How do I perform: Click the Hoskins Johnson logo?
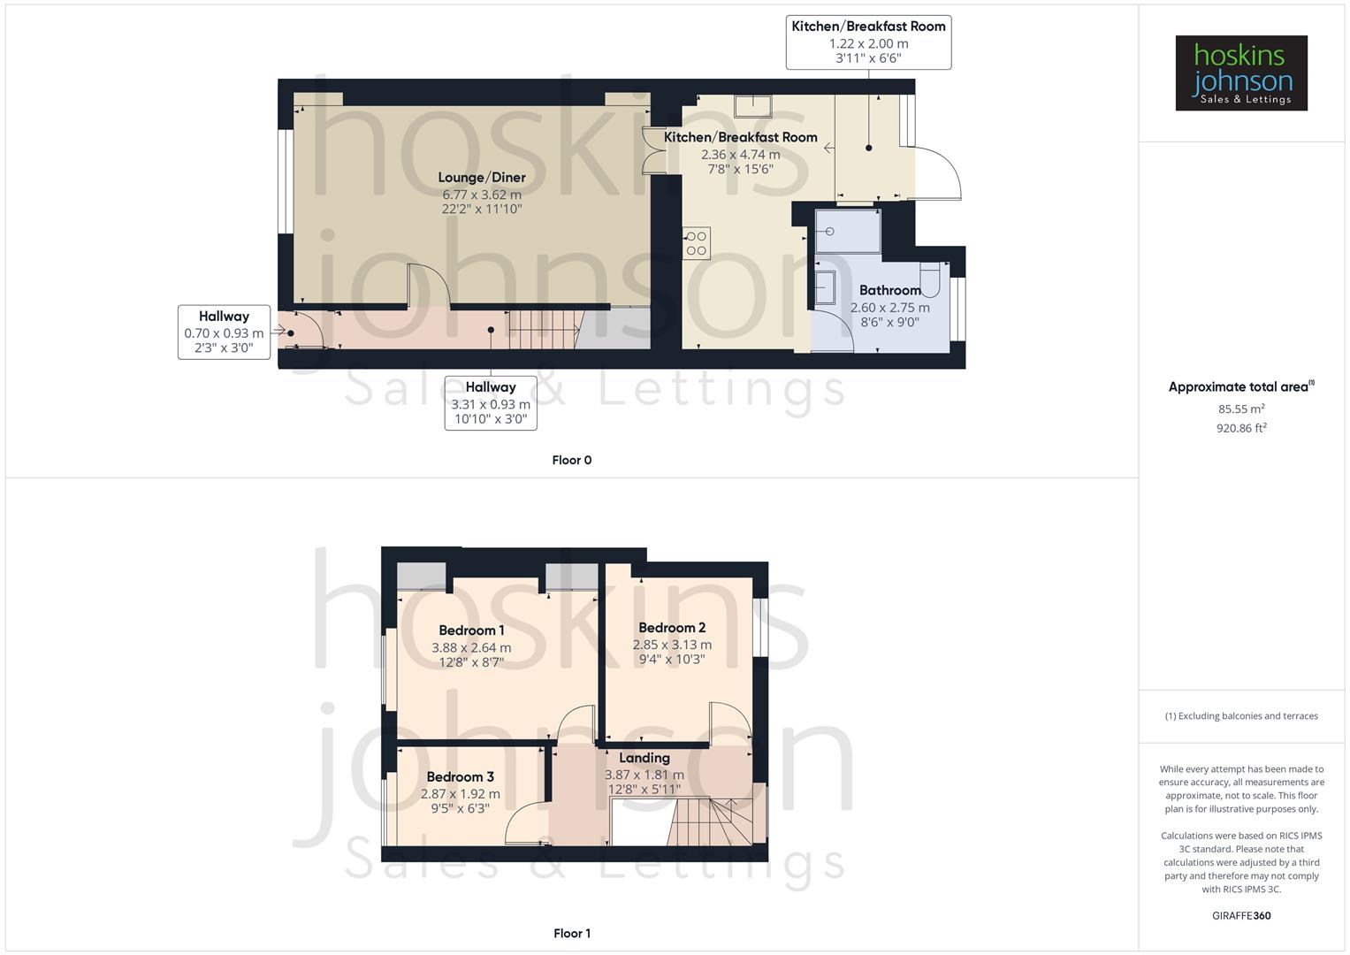(x=1240, y=73)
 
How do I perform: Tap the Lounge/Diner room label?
(x=482, y=177)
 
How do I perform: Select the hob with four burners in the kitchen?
(x=696, y=244)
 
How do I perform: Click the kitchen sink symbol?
(x=752, y=106)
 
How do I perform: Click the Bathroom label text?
(x=889, y=290)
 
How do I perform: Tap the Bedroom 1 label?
(x=471, y=630)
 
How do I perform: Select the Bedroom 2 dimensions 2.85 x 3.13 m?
(x=672, y=645)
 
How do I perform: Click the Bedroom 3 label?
(x=460, y=776)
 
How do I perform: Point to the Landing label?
(x=644, y=758)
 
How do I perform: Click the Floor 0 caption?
(x=571, y=460)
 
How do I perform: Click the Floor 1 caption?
(x=571, y=933)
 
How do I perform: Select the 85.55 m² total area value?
(x=1240, y=409)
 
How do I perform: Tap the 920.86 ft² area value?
(x=1240, y=428)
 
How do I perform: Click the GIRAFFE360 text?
(x=1240, y=915)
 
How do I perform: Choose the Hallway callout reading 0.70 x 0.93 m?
(x=224, y=332)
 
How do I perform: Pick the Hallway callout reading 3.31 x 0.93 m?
(x=491, y=403)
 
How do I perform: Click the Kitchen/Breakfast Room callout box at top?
(x=868, y=42)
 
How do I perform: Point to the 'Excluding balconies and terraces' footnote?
(x=1240, y=716)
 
